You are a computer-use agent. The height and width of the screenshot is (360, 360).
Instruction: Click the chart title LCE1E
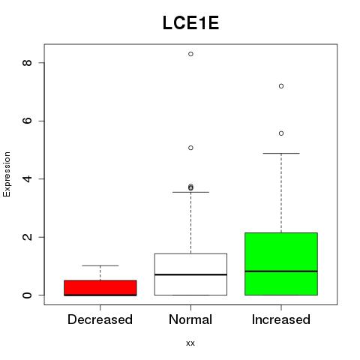pos(190,23)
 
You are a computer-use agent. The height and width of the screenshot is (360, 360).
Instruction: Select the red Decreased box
pos(100,288)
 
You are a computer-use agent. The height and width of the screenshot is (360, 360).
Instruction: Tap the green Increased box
pos(281,264)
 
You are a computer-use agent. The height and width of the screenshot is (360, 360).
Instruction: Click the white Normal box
pos(190,274)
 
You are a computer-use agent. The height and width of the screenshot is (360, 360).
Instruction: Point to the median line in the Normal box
pos(190,274)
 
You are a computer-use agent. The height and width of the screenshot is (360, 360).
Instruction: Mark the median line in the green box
pos(281,271)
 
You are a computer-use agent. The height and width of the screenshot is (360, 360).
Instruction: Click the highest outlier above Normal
pos(190,54)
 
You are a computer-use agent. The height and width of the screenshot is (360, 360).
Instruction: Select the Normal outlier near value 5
pos(190,148)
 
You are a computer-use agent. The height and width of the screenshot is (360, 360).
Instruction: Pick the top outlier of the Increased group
pos(281,86)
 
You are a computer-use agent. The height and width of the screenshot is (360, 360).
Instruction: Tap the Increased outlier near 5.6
pos(281,133)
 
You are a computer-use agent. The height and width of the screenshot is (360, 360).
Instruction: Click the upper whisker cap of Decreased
pos(100,265)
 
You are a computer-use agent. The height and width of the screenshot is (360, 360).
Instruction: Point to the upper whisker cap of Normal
pos(190,192)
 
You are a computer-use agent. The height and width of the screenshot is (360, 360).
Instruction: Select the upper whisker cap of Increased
pos(281,153)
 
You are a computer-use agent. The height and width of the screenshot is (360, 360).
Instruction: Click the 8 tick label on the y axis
pos(27,62)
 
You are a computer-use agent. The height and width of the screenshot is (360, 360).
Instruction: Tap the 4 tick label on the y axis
pos(27,178)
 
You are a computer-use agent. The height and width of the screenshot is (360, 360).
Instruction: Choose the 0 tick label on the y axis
pos(27,295)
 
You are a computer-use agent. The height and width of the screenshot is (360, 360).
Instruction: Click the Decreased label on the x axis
pos(100,319)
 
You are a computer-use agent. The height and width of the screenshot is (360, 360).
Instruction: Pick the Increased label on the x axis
pos(281,319)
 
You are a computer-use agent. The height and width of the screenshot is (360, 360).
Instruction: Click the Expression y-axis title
pos(7,174)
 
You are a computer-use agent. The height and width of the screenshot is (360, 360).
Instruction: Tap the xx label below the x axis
pos(190,343)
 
